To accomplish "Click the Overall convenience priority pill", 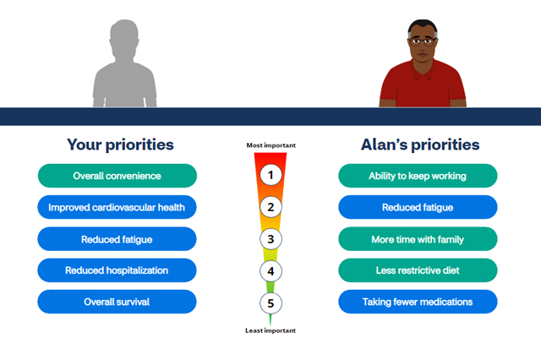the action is [x=117, y=176].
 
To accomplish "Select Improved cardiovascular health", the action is [x=117, y=207].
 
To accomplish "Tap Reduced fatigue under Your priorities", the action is [x=117, y=239].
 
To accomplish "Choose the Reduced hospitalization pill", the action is [x=117, y=270].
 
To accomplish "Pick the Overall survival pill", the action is [x=117, y=302].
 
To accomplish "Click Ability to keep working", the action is [x=418, y=176].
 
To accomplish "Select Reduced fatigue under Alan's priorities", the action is [x=418, y=207].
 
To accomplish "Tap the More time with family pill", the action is [x=418, y=239].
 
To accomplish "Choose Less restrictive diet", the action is [x=418, y=270].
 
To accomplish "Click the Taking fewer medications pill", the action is [x=418, y=302].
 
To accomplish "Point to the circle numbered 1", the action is [x=270, y=175].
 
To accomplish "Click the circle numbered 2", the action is [x=270, y=207].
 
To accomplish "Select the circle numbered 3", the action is [x=270, y=239].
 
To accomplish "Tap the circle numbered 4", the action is [x=270, y=271].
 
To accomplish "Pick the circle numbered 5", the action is [x=270, y=303].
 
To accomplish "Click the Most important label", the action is [x=270, y=145].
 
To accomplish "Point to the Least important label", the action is [x=270, y=330].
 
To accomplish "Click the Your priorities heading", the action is [x=120, y=145].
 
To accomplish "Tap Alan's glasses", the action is [x=423, y=42].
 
